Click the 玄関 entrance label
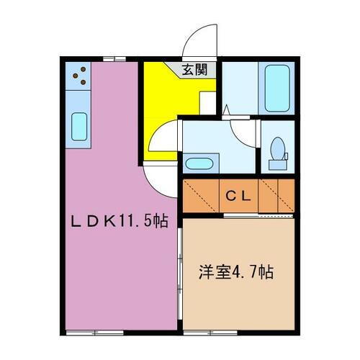194,70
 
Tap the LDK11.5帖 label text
120,221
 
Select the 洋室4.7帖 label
236,272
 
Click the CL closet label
238,197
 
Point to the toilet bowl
278,148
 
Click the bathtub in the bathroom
277,88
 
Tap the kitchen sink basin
79,127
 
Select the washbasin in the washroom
199,164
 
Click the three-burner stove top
78,76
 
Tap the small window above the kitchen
114,59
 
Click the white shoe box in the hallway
208,103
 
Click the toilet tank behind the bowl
278,165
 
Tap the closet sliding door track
258,216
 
